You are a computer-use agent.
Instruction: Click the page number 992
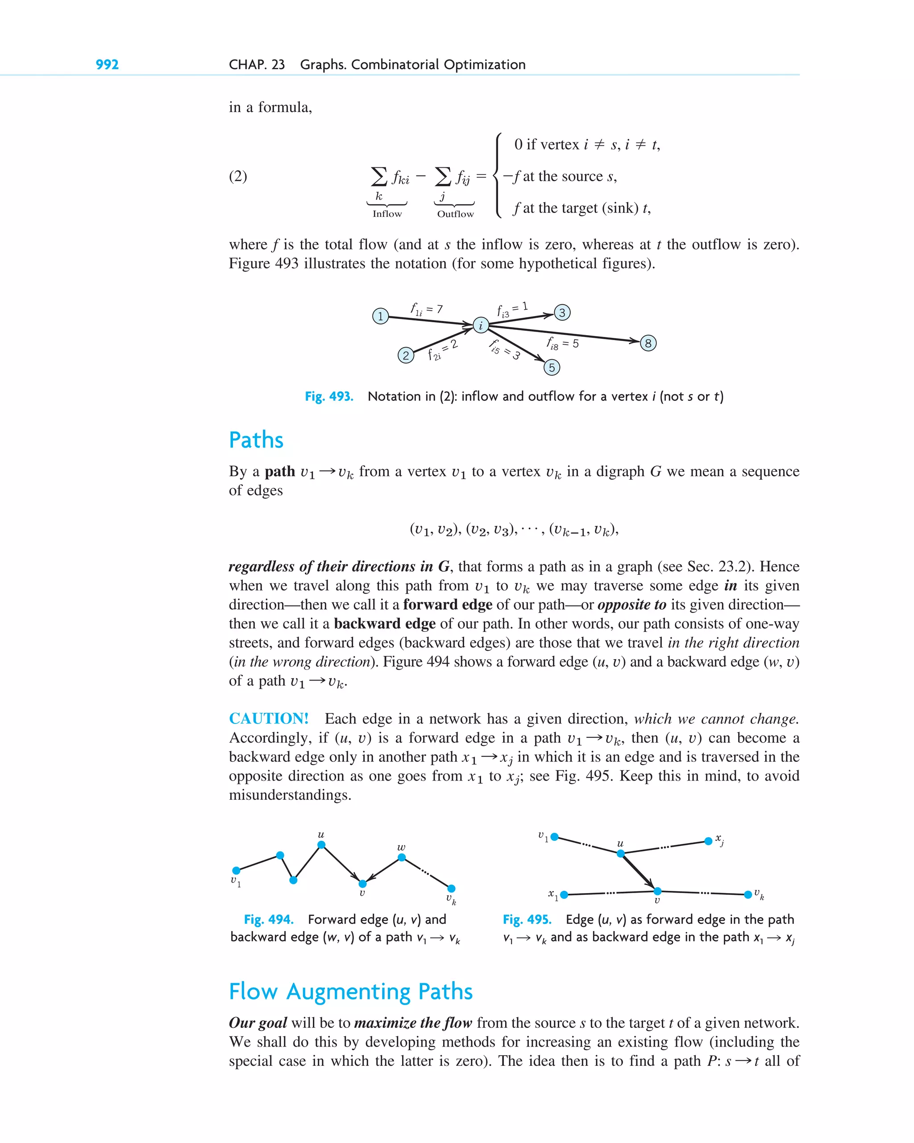point(107,65)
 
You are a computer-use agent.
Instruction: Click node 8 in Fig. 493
point(648,343)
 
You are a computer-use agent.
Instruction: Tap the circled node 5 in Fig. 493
point(551,367)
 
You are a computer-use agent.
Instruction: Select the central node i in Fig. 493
point(480,325)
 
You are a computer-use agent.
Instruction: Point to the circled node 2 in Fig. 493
point(406,355)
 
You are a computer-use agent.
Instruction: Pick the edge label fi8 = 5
point(562,344)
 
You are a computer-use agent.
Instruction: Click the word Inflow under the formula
point(387,214)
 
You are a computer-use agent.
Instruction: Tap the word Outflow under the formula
point(455,214)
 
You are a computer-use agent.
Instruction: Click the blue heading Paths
point(256,440)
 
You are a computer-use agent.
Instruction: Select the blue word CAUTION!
point(268,719)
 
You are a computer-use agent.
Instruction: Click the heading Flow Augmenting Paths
point(350,991)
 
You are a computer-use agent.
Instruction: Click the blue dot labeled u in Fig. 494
point(321,845)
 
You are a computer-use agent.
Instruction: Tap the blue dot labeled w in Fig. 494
point(401,857)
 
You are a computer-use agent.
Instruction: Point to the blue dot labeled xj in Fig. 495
point(708,841)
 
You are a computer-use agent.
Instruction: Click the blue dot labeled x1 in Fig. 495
point(564,895)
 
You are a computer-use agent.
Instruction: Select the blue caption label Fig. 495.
point(527,919)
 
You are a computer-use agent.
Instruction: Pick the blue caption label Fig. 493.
point(329,397)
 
